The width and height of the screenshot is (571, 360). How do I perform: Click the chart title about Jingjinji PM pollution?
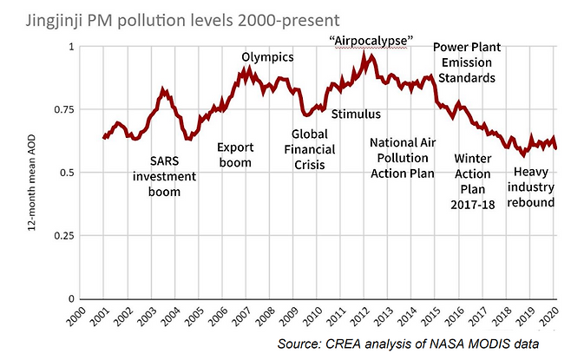tap(182, 20)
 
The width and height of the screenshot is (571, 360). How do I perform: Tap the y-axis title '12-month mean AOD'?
tap(32, 182)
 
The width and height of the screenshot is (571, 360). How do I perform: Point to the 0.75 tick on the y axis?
tap(64, 109)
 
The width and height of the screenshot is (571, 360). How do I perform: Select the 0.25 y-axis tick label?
tap(64, 235)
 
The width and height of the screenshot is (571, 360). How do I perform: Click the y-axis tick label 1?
tap(71, 47)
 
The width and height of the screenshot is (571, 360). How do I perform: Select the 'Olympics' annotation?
tap(267, 57)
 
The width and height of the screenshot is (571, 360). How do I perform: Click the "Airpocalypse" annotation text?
tap(371, 41)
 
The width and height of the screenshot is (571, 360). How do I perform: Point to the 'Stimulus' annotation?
tap(356, 114)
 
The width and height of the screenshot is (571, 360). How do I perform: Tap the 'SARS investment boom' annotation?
tap(164, 176)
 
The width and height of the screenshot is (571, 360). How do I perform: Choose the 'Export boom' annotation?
tap(235, 155)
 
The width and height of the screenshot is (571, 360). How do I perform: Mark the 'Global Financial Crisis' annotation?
tap(310, 149)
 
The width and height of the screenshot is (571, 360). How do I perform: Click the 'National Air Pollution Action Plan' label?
tap(403, 158)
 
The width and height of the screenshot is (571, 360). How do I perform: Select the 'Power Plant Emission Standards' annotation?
tap(467, 62)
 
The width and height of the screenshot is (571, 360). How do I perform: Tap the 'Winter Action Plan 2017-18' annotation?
tap(473, 181)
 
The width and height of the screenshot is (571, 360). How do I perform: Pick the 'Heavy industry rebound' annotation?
tap(531, 187)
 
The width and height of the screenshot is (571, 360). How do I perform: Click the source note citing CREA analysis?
tap(408, 344)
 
